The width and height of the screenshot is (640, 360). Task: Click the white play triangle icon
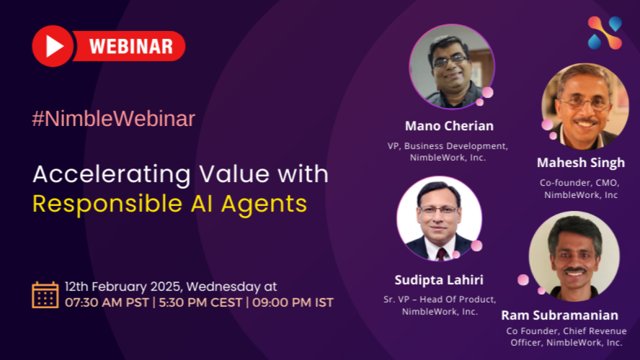point(54,46)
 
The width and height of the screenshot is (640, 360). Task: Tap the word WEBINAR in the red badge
point(131,46)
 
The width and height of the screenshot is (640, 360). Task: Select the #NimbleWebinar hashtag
point(113,118)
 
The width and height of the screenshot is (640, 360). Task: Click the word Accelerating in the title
point(111,175)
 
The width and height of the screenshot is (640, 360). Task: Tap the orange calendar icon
point(45,295)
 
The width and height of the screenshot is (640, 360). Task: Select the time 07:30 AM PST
point(106,302)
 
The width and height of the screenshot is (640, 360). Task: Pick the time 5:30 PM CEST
point(200,302)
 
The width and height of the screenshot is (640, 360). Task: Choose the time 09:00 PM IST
point(293,302)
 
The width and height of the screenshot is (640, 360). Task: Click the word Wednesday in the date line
point(223,287)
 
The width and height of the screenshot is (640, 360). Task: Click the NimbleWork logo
point(605,33)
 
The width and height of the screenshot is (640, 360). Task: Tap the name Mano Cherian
point(449,126)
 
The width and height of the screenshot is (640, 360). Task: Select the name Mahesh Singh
point(581,163)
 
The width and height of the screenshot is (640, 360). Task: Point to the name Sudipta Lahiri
point(439,280)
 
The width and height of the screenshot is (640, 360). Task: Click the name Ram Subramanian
point(559,315)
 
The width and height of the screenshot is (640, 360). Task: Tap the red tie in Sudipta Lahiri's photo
point(441,253)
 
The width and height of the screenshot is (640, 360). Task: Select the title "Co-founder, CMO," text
point(579,183)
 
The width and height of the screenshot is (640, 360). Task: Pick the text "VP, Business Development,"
point(447,146)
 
